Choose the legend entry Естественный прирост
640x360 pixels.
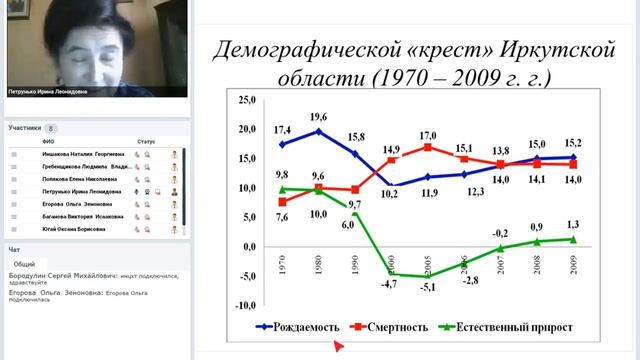[505, 326]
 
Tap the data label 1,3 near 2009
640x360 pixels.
[572, 224]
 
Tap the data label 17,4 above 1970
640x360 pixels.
[280, 131]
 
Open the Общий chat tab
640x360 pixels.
[25, 264]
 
